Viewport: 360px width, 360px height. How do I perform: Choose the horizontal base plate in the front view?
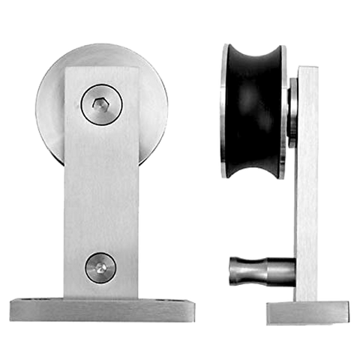pos(102,307)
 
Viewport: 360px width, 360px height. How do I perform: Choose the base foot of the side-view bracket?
pos(307,310)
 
